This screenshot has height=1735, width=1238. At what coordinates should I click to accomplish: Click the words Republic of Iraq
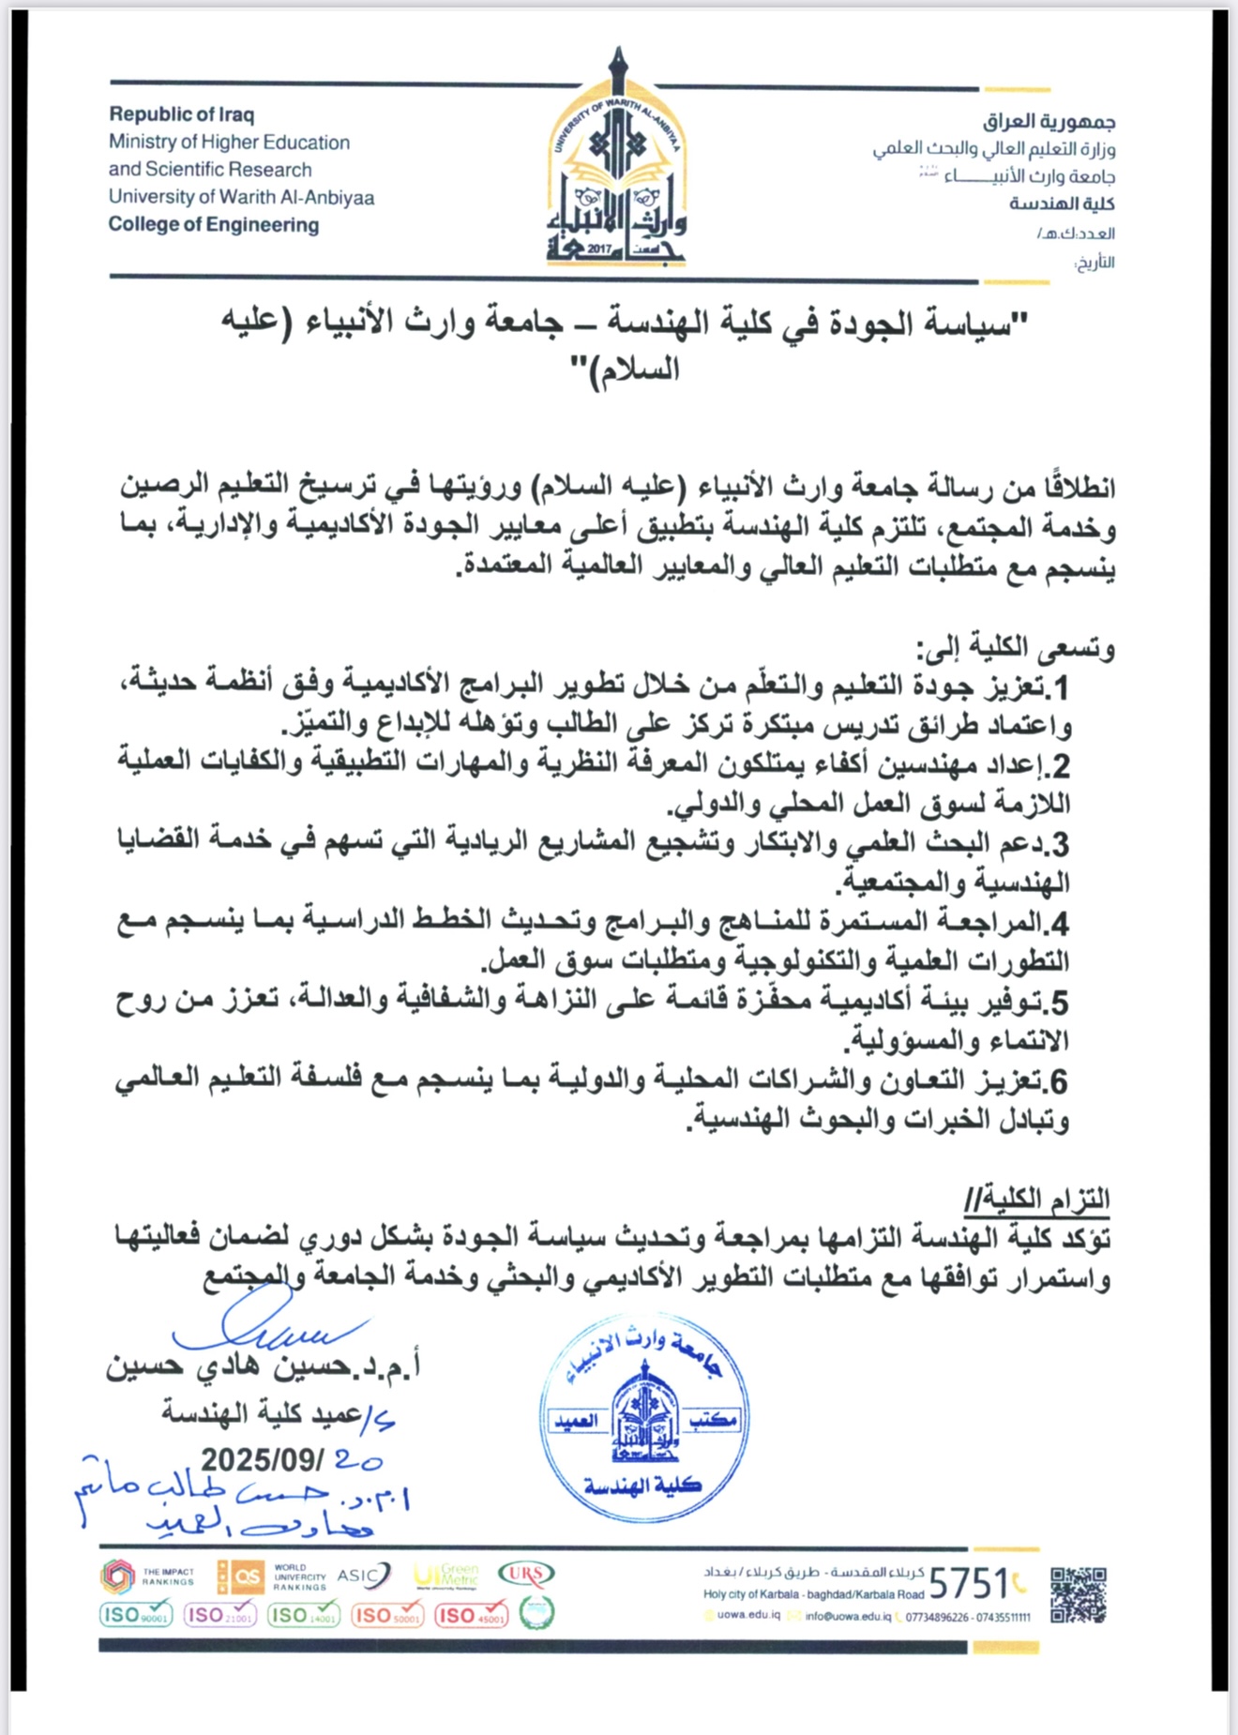point(181,114)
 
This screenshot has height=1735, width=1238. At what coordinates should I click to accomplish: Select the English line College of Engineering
point(214,225)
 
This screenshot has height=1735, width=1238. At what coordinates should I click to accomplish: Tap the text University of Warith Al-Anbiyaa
point(241,197)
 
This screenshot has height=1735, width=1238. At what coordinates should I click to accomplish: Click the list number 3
point(1060,845)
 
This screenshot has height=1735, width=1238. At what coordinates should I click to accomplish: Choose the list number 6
point(1059,1082)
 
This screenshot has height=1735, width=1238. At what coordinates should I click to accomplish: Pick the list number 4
point(1060,925)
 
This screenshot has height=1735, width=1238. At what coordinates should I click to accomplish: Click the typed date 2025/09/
point(263,1459)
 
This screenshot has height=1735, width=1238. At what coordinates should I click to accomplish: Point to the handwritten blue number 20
point(358,1459)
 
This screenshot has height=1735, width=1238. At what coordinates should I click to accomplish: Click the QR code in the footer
point(1078,1595)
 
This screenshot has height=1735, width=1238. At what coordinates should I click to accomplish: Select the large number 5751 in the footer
point(968,1584)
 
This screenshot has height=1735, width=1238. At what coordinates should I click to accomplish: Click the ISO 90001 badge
point(136,1614)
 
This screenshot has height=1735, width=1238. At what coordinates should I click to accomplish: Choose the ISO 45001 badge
point(471,1615)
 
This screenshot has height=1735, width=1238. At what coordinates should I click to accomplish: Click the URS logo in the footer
point(526,1573)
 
